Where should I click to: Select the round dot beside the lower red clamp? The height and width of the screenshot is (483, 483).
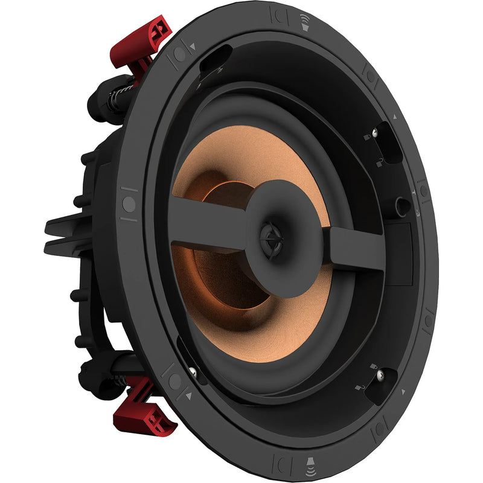(x=174, y=381)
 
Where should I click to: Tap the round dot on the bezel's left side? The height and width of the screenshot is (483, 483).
(x=129, y=203)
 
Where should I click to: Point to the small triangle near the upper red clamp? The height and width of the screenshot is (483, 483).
(x=193, y=46)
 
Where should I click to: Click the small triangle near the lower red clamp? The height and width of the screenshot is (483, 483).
(x=188, y=396)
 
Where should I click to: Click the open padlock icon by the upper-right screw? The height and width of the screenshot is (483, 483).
(x=381, y=160)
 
